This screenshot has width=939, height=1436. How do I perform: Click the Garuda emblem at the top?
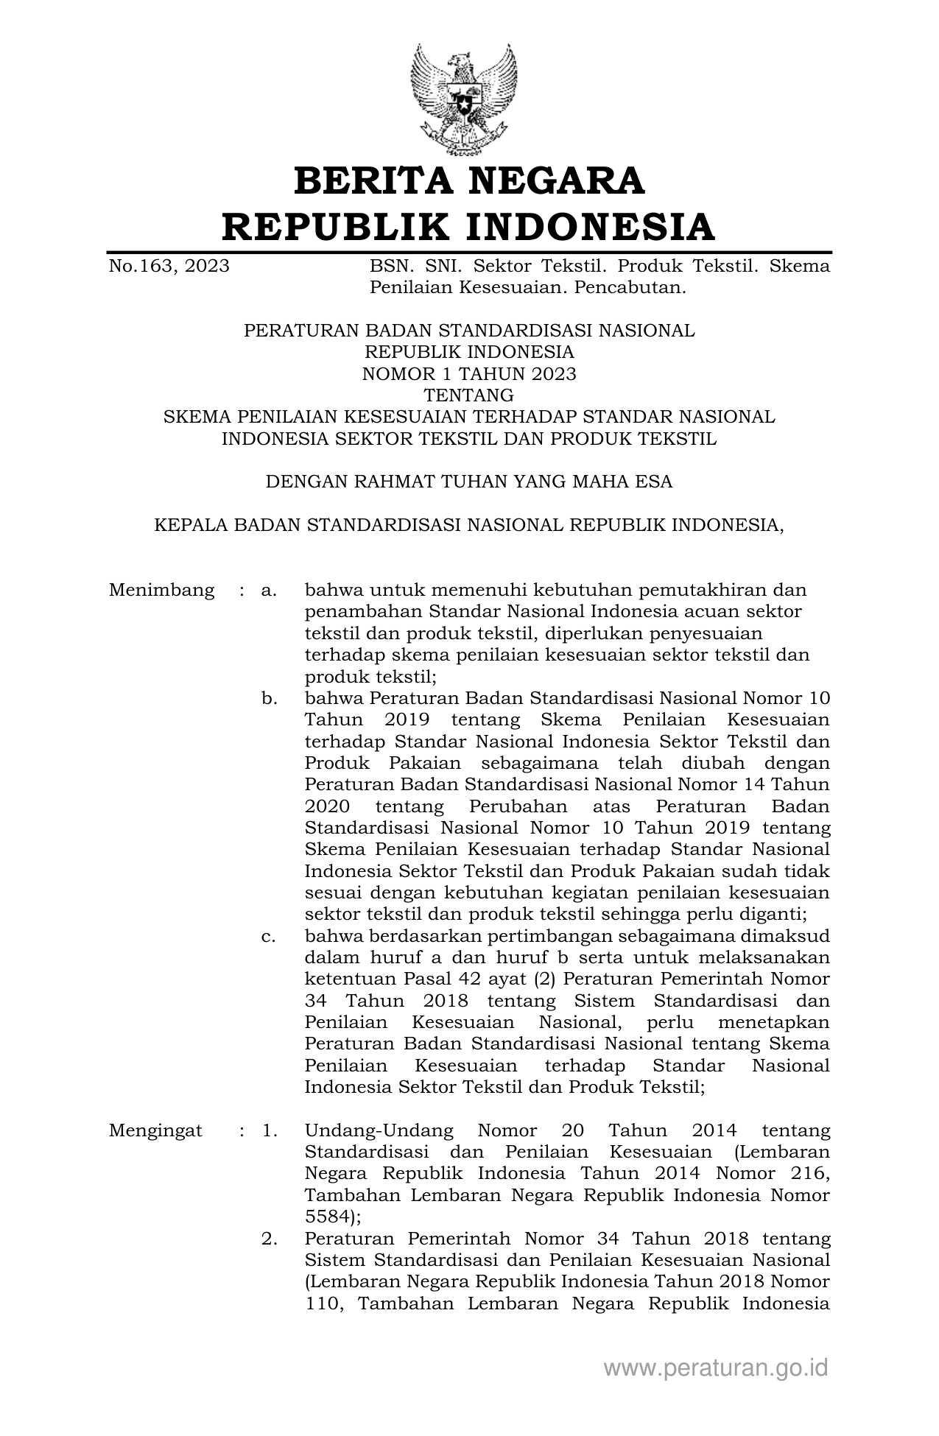pyautogui.click(x=464, y=99)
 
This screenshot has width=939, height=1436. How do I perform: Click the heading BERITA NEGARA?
pyautogui.click(x=469, y=181)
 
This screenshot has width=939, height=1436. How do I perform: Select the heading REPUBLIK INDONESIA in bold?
pyautogui.click(x=469, y=226)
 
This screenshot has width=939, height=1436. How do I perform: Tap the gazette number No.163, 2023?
pyautogui.click(x=169, y=266)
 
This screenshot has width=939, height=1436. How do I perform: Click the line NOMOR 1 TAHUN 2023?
pyautogui.click(x=469, y=373)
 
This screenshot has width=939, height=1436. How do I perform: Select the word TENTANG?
pyautogui.click(x=469, y=395)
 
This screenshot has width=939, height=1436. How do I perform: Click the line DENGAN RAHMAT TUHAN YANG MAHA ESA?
pyautogui.click(x=469, y=482)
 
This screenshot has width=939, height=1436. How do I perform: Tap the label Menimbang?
pyautogui.click(x=161, y=590)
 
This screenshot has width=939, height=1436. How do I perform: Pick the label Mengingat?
pyautogui.click(x=155, y=1130)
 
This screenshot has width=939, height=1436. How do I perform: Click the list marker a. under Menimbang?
pyautogui.click(x=269, y=590)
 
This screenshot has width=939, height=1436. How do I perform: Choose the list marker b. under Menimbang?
pyautogui.click(x=269, y=698)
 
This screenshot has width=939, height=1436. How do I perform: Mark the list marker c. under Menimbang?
pyautogui.click(x=269, y=936)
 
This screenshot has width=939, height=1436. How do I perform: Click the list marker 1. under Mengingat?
pyautogui.click(x=270, y=1130)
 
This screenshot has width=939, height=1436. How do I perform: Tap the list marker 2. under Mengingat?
pyautogui.click(x=270, y=1239)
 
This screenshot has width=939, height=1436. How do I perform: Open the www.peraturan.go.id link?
pyautogui.click(x=716, y=1368)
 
